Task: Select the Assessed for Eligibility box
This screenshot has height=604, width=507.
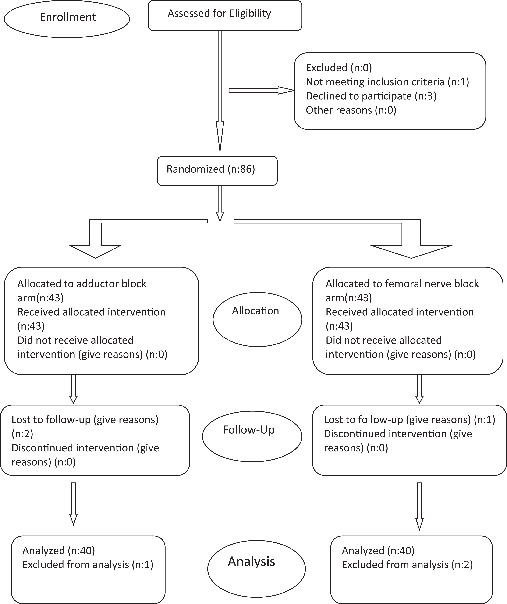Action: pyautogui.click(x=225, y=15)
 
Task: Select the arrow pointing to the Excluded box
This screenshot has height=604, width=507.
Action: pyautogui.click(x=261, y=90)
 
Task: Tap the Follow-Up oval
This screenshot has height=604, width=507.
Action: pyautogui.click(x=252, y=436)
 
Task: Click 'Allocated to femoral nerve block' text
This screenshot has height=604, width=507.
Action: pyautogui.click(x=402, y=284)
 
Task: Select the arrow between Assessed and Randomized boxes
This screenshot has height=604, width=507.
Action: pyautogui.click(x=220, y=91)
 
